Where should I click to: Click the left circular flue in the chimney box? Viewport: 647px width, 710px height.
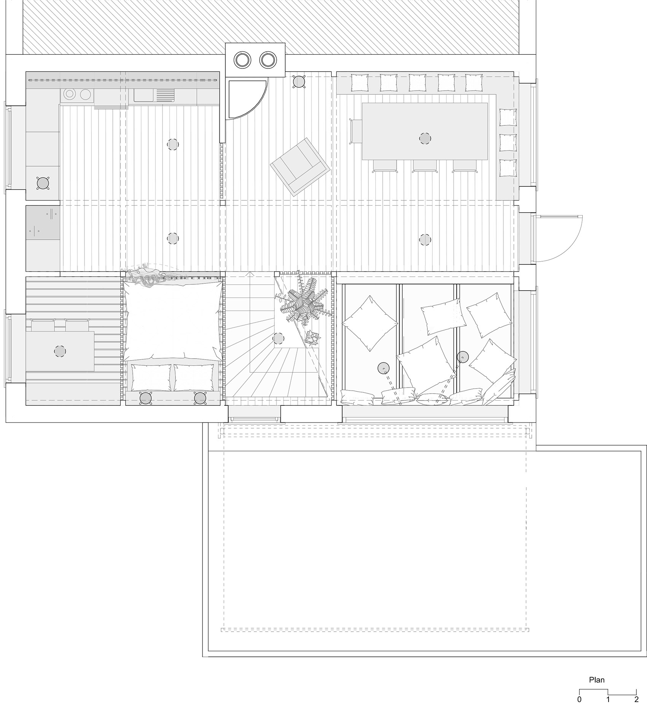click(242, 60)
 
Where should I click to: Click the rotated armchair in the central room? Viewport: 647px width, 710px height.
click(300, 167)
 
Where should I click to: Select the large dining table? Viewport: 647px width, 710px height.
click(424, 131)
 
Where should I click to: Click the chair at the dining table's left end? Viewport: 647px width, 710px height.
click(356, 131)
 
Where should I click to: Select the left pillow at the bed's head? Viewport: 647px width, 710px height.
click(151, 377)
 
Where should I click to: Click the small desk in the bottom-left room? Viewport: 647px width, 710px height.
click(60, 351)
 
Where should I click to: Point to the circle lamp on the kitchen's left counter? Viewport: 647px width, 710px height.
click(43, 183)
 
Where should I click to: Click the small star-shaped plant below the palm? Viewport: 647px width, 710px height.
click(312, 337)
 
